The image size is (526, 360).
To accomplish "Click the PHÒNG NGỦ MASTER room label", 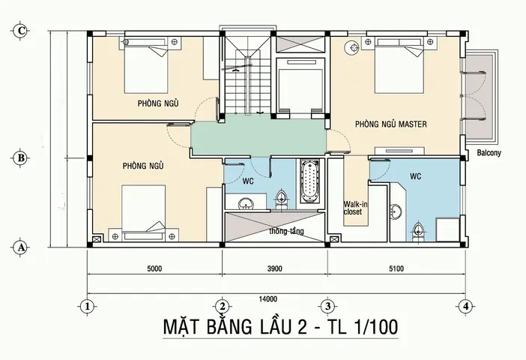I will [390, 124].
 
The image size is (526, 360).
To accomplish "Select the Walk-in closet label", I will [354, 208].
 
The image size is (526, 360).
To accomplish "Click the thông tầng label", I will [286, 231].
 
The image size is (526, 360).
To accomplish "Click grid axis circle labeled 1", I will [88, 306].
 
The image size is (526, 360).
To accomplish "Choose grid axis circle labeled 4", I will [465, 306].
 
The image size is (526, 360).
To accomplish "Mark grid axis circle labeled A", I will [22, 246].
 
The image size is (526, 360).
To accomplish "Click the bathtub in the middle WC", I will [309, 181].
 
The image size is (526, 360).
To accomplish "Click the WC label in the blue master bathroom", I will [417, 178].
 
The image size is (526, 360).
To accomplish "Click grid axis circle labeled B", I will [22, 158].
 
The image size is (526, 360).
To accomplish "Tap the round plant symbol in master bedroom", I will [351, 48].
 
